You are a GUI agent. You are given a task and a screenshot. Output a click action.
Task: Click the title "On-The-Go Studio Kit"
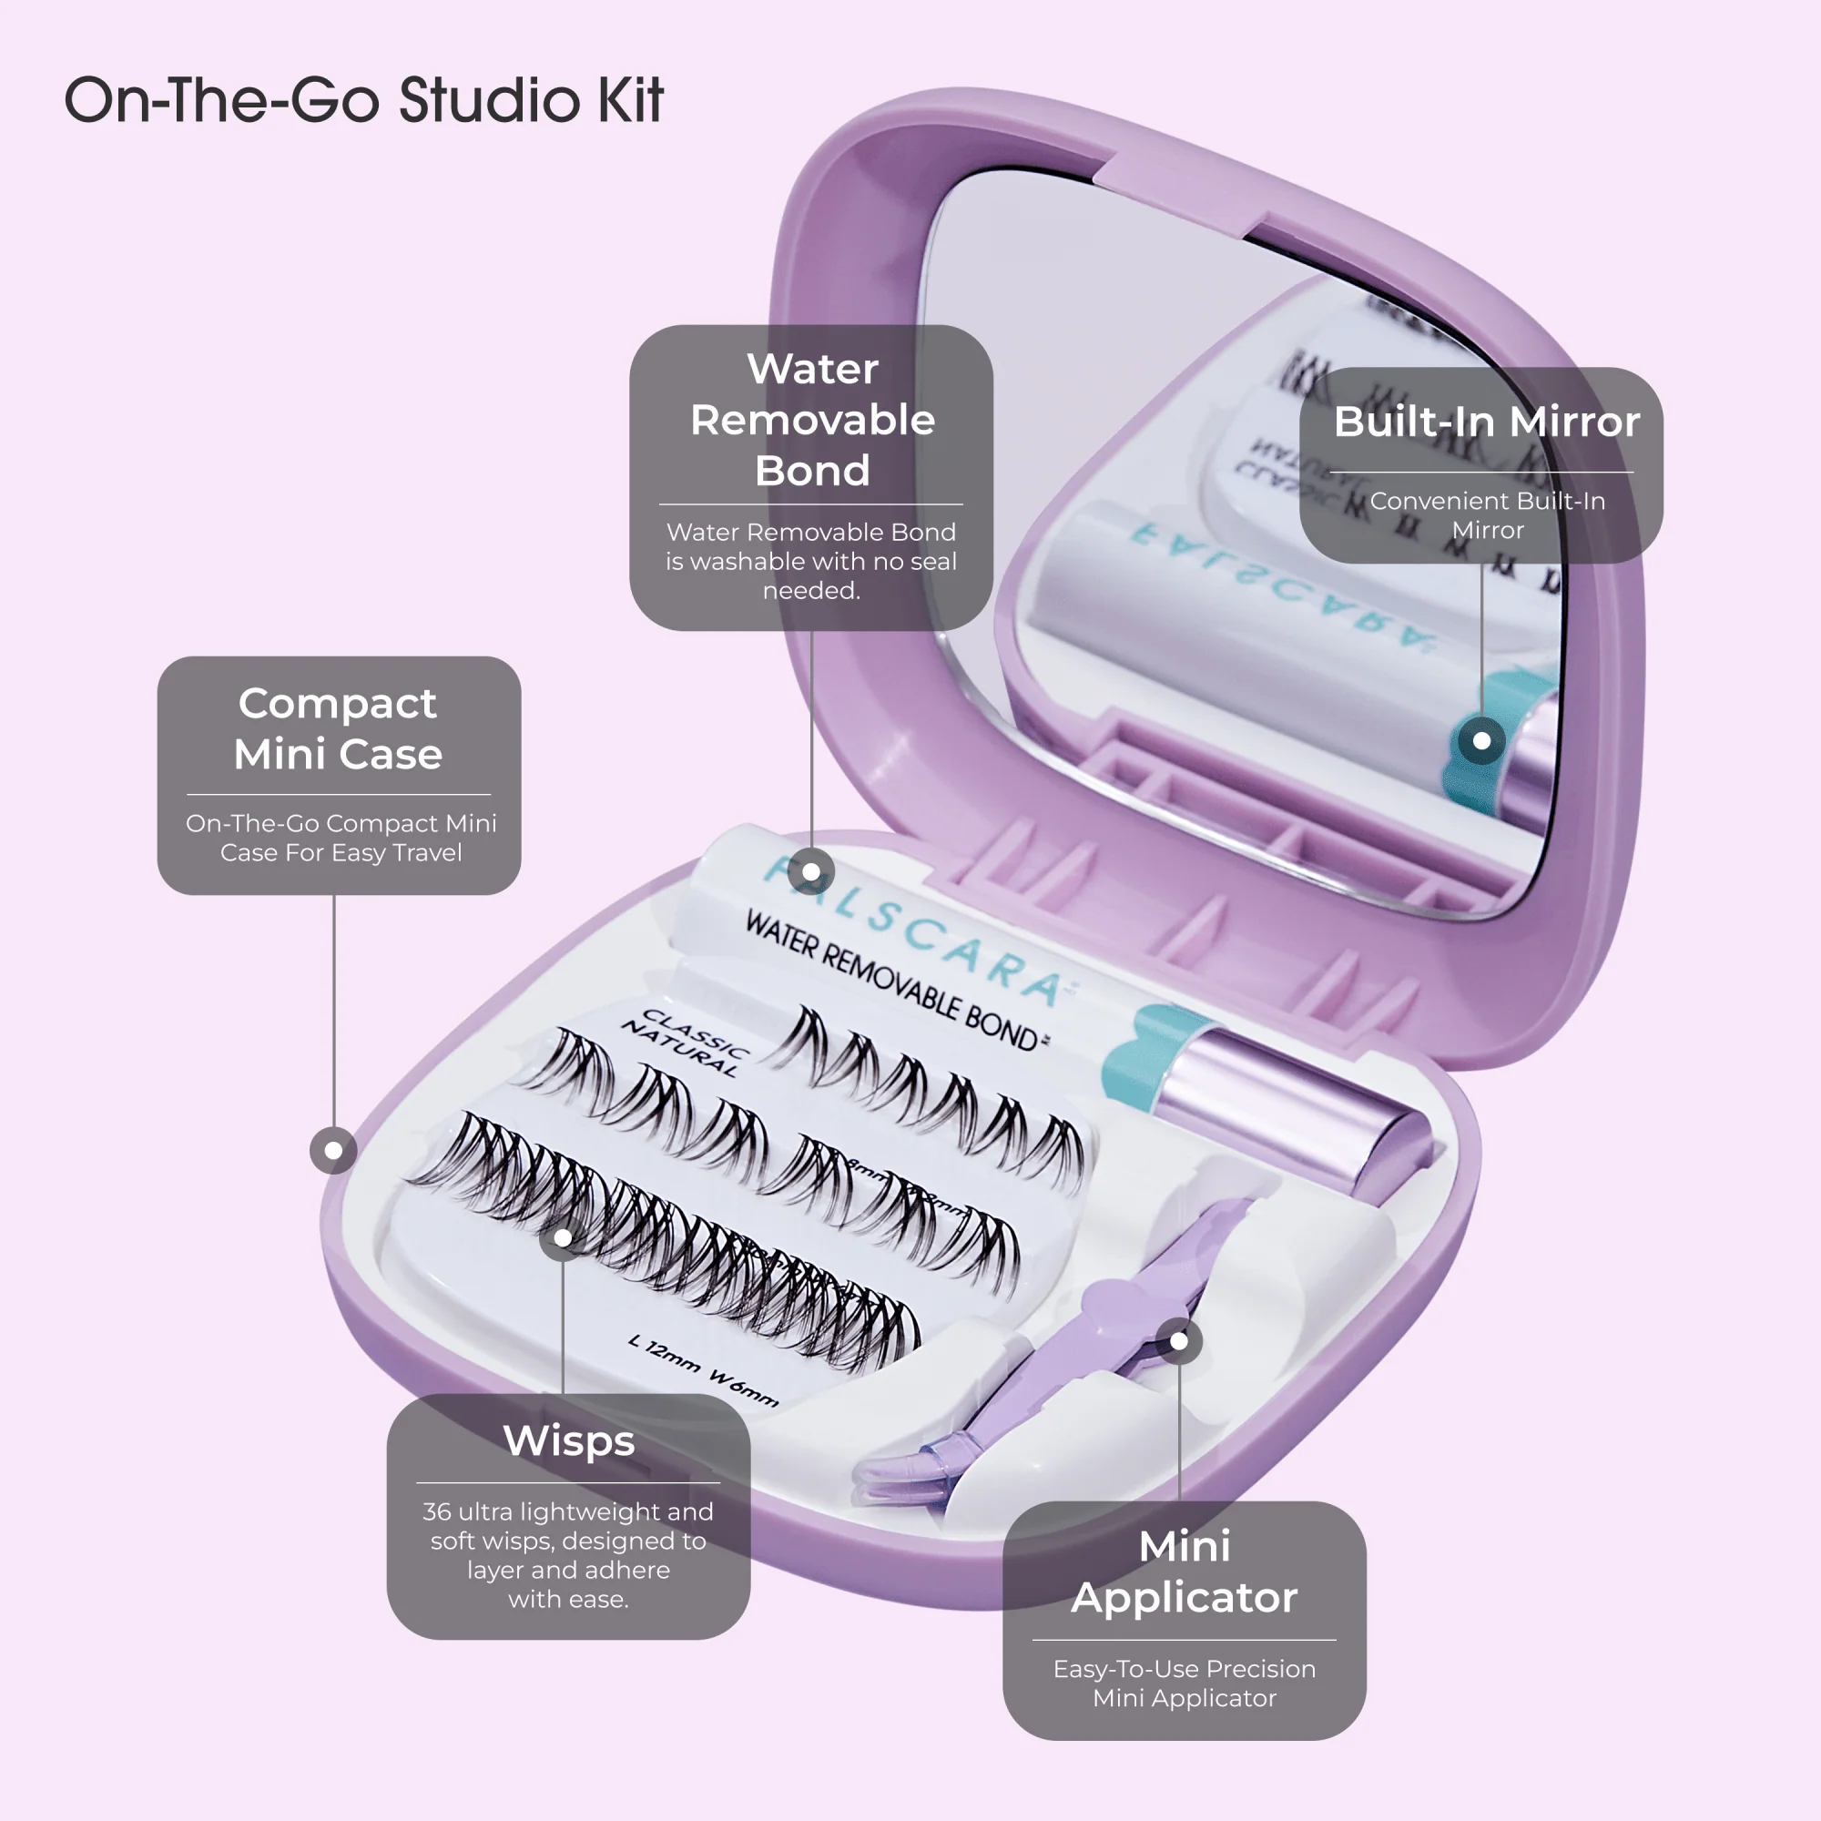364,100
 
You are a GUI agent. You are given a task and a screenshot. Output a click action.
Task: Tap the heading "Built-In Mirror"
1487,422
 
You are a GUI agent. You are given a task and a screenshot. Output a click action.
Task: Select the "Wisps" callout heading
568,1440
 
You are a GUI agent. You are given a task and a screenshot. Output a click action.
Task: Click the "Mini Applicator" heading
1184,1572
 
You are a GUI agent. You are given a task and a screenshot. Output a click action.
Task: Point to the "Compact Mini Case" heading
339,727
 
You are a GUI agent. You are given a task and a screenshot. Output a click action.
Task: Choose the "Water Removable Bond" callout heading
811,419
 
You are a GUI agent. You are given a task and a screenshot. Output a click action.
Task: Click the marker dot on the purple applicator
1179,1340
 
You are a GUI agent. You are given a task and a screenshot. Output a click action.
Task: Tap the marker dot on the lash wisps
563,1237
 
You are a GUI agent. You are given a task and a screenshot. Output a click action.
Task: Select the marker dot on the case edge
333,1150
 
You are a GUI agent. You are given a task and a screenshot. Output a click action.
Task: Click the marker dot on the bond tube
810,872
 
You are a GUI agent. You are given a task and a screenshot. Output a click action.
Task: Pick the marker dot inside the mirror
1481,741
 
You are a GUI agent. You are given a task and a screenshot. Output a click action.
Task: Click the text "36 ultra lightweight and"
567,1511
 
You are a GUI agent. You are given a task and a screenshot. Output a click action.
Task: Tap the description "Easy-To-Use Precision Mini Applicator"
1184,1683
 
